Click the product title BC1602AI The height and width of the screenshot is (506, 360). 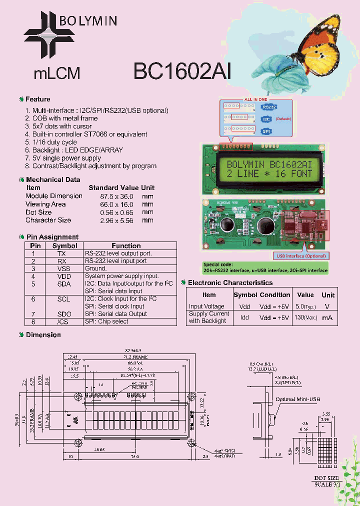click(x=182, y=71)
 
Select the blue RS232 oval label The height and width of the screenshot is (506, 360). click(x=268, y=107)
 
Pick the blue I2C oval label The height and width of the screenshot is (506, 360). click(x=266, y=119)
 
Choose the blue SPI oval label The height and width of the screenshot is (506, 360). click(x=266, y=131)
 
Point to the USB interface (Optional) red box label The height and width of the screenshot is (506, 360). click(x=301, y=256)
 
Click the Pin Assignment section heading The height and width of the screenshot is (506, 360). click(x=52, y=237)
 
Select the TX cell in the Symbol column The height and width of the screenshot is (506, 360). click(x=61, y=253)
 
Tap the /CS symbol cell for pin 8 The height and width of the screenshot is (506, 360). click(x=62, y=321)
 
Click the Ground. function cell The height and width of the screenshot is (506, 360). click(x=95, y=268)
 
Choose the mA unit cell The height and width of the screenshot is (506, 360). click(x=327, y=317)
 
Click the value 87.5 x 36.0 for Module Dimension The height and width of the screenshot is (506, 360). click(x=116, y=196)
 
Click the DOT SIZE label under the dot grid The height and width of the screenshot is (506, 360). click(x=326, y=478)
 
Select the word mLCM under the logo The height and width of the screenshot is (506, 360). click(x=57, y=74)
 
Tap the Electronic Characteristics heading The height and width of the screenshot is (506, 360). click(x=230, y=283)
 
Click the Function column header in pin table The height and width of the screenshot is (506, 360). click(x=126, y=245)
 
